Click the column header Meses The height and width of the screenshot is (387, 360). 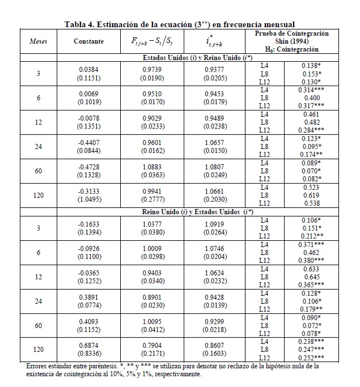click(x=39, y=41)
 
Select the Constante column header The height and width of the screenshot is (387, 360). click(x=88, y=41)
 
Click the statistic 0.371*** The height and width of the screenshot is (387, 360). click(x=310, y=242)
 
